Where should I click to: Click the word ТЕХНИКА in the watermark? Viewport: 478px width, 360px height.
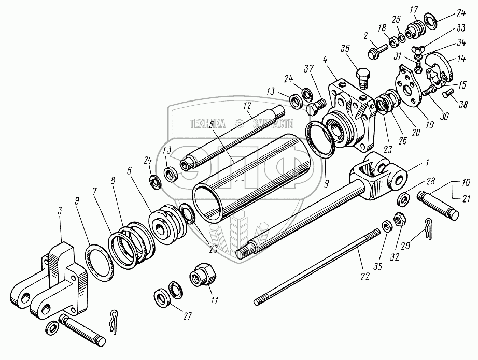207,124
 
